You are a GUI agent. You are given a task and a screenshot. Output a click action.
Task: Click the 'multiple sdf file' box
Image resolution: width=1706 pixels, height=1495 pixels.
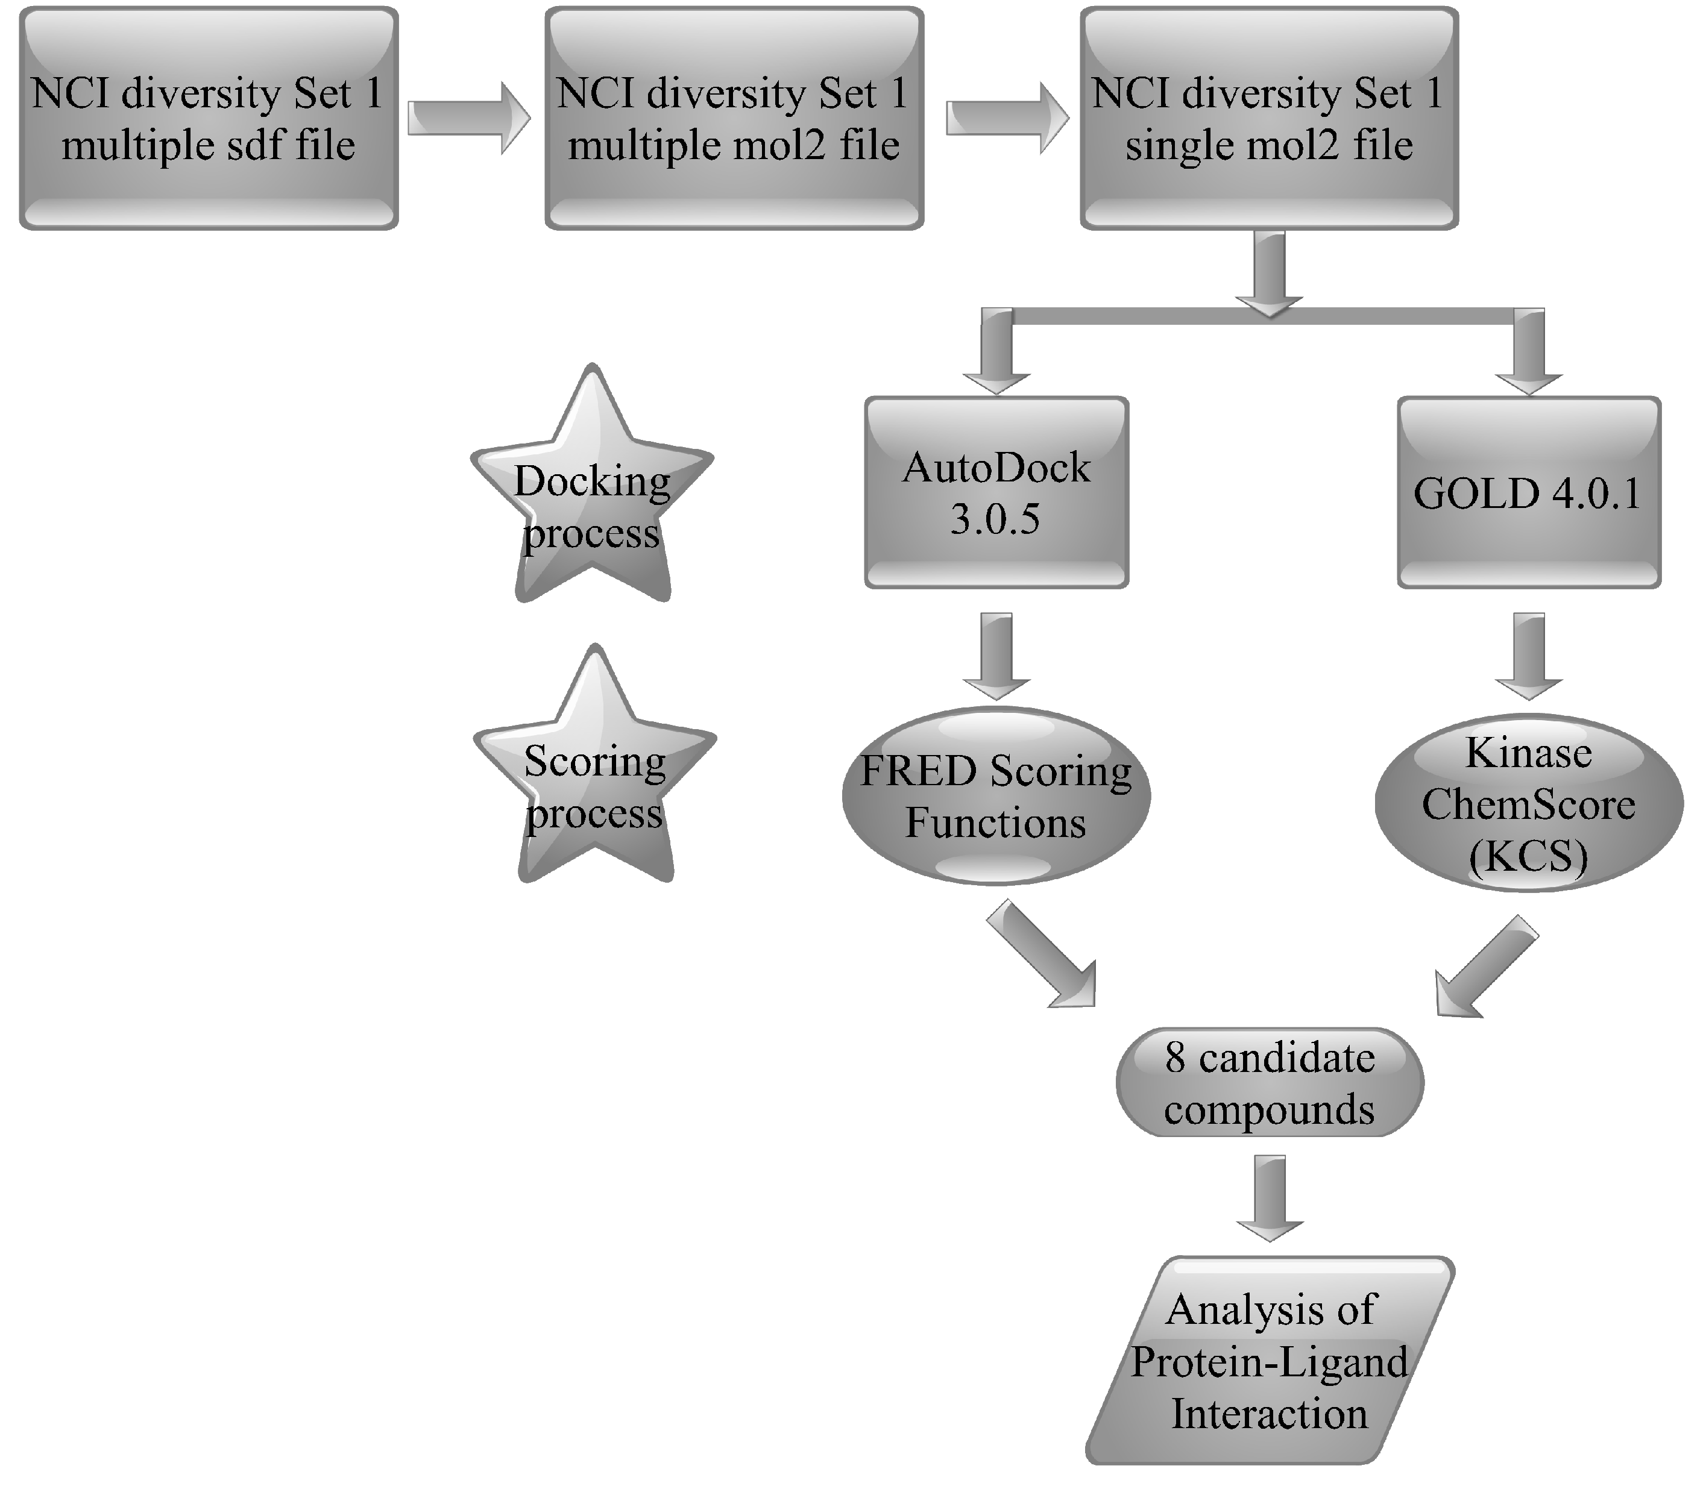(209, 119)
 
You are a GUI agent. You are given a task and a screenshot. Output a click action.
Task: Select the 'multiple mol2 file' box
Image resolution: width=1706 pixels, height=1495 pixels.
(734, 119)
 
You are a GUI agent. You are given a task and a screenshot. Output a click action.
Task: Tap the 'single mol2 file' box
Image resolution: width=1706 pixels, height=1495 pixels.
(1269, 119)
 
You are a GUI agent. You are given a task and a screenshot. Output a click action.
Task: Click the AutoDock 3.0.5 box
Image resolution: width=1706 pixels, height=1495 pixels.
(996, 493)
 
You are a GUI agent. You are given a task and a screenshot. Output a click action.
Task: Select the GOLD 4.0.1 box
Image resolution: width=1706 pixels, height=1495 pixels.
(1528, 493)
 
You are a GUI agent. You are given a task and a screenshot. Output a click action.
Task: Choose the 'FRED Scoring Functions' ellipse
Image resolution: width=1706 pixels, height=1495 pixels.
(996, 797)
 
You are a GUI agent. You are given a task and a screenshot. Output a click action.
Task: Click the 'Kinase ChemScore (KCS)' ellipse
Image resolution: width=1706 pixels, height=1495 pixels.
(1528, 803)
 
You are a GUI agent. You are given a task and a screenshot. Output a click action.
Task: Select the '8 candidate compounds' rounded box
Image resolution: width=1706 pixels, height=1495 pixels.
(1269, 1083)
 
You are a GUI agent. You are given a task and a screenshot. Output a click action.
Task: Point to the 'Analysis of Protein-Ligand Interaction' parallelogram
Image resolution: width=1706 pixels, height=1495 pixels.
(1269, 1361)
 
